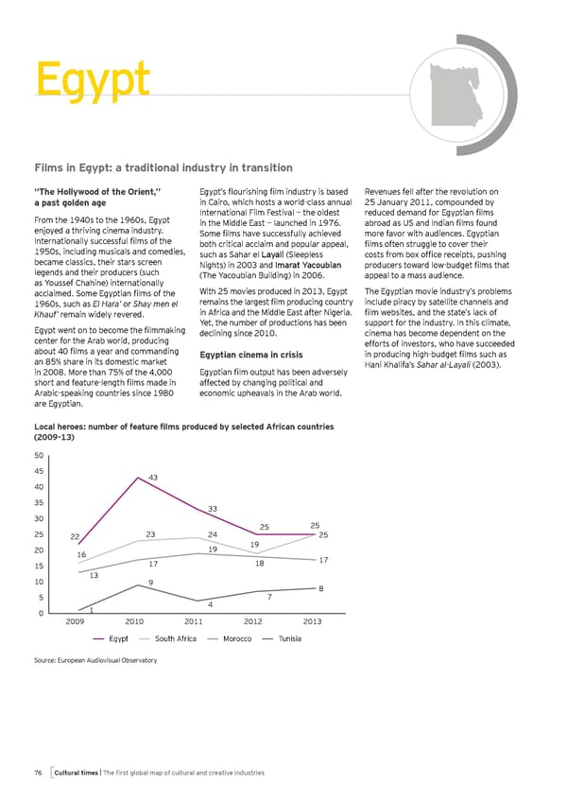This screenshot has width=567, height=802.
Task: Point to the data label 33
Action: click(x=214, y=509)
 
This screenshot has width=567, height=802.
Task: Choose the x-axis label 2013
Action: click(x=313, y=621)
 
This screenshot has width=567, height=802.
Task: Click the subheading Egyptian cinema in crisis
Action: click(x=250, y=355)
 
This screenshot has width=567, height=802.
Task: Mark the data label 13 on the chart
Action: click(x=94, y=575)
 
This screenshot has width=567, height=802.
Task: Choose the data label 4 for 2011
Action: click(x=209, y=604)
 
